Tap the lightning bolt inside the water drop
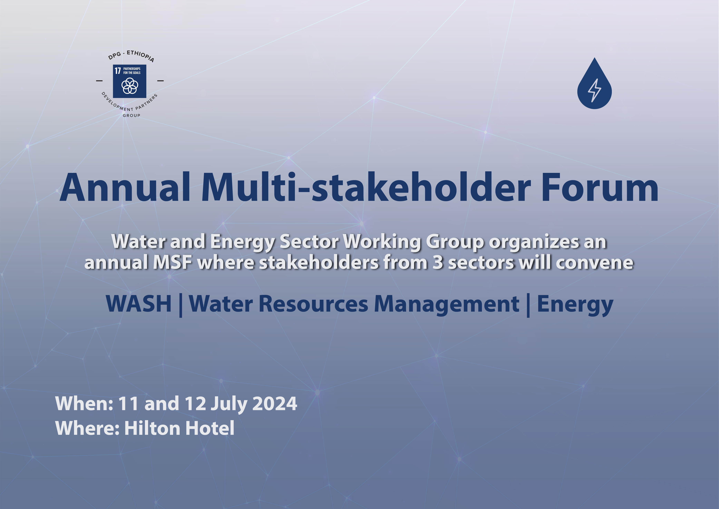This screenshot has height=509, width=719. [595, 90]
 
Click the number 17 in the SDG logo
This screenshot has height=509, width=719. [118, 71]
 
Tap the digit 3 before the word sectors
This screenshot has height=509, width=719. [438, 263]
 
